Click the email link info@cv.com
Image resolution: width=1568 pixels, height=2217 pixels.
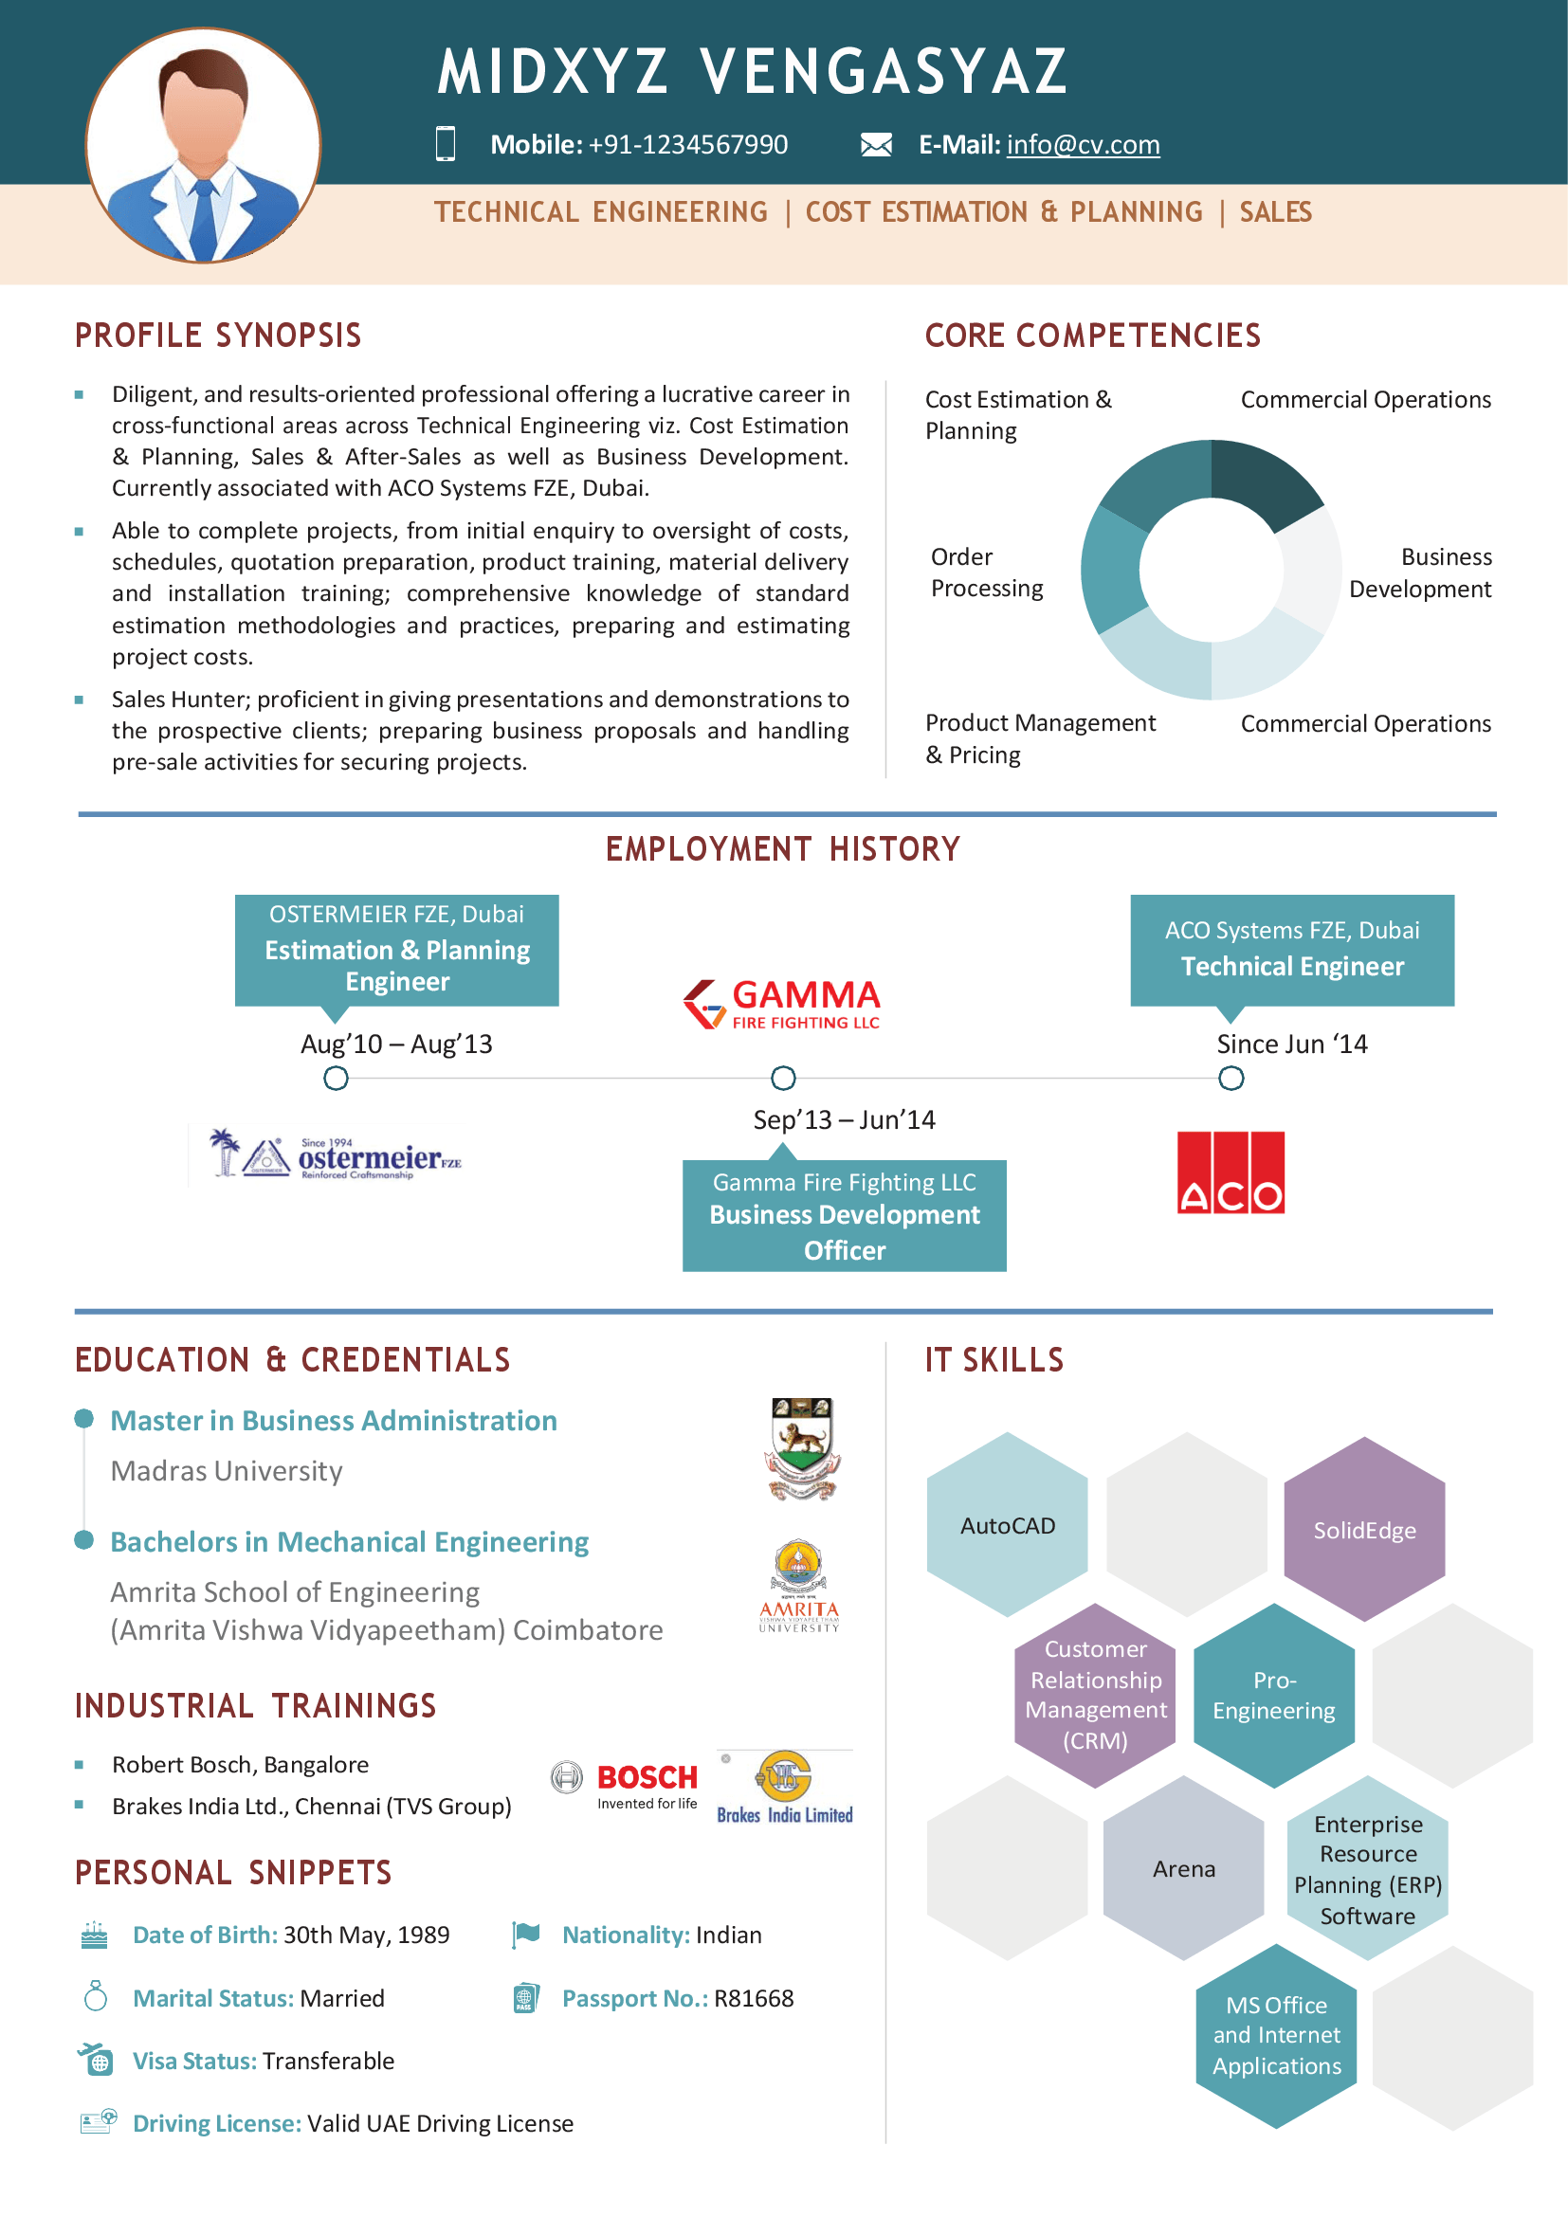1083,145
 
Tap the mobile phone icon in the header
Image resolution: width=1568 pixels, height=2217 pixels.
446,143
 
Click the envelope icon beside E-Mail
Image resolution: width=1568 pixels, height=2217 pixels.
876,145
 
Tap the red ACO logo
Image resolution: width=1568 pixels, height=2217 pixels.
1231,1172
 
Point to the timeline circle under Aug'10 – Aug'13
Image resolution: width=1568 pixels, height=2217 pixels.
335,1078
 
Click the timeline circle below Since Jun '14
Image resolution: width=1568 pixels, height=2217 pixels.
1231,1078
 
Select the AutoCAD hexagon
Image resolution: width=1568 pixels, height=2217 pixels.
1007,1525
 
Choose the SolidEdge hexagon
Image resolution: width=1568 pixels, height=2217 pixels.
1363,1530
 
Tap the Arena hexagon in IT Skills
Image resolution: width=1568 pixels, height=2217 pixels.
1184,1868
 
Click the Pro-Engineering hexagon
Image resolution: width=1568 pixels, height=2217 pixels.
1273,1696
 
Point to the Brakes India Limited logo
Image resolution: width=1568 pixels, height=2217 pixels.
784,1788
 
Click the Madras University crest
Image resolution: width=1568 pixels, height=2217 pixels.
801,1447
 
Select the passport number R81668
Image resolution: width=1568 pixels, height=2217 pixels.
753,1998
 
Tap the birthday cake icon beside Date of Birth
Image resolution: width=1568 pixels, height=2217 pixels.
95,1935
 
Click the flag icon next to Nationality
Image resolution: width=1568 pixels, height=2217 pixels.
525,1935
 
